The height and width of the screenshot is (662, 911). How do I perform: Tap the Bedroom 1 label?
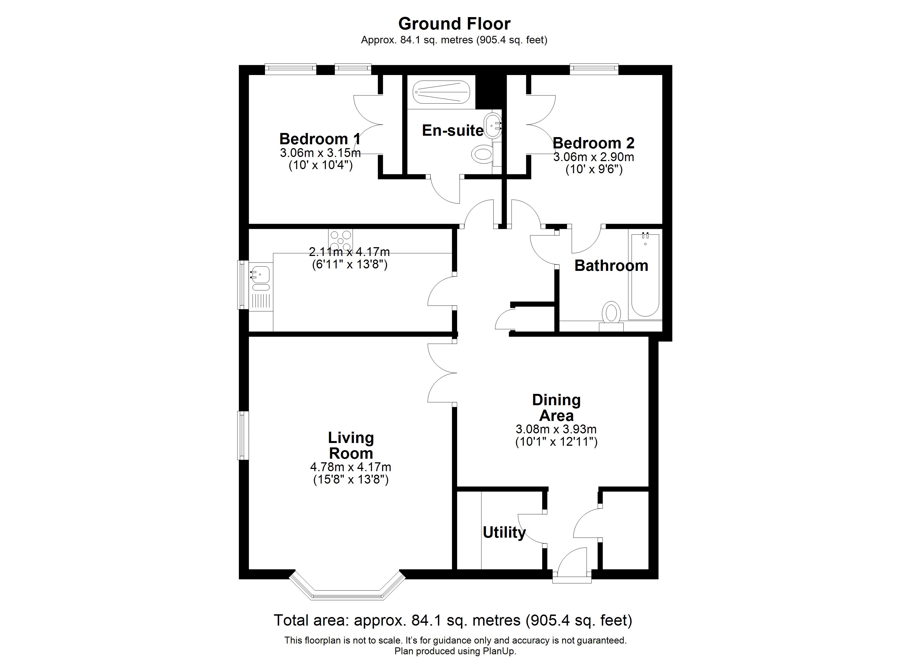coord(320,139)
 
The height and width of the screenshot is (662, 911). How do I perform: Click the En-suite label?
coord(453,130)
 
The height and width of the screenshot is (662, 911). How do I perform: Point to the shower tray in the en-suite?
coord(441,92)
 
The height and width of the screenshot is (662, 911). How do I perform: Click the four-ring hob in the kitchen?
coord(340,240)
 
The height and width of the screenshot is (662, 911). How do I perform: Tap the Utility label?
coord(504,533)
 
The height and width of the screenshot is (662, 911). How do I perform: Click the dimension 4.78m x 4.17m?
coord(350,467)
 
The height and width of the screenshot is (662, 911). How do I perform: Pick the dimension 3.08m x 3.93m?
coord(556,429)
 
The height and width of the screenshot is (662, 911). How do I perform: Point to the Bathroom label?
coord(611,266)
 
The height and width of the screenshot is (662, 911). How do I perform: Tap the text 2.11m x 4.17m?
coord(349,252)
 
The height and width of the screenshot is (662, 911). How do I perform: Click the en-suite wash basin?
coord(492,125)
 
